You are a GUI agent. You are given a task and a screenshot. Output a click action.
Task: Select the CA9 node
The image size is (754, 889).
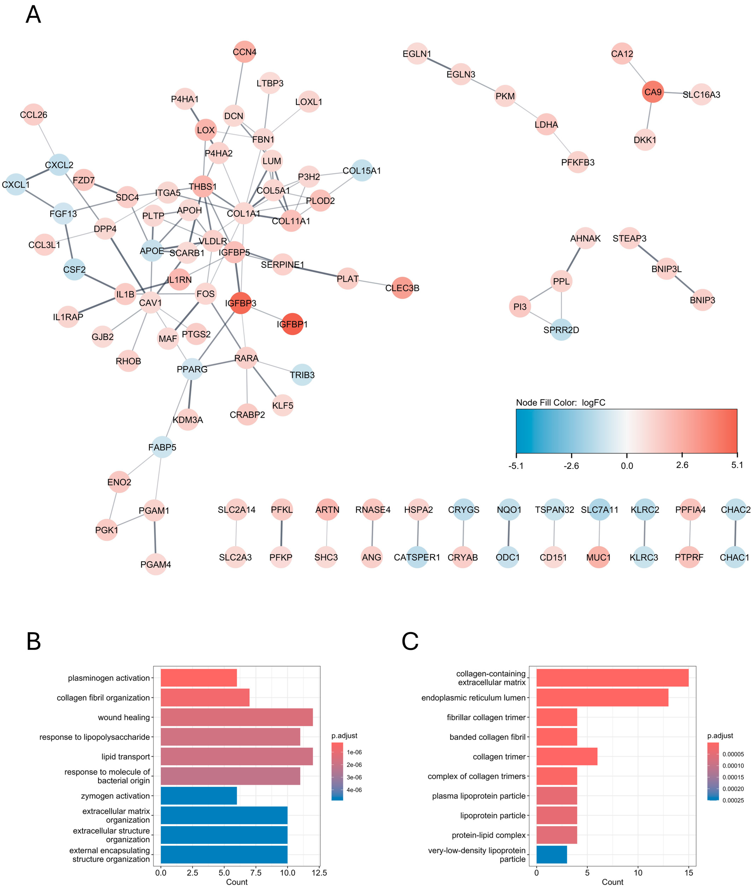pos(653,92)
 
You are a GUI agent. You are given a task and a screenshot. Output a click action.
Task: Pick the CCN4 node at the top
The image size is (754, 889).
pos(244,52)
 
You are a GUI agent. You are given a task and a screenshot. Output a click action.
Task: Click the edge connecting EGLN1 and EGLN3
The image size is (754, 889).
pos(439,64)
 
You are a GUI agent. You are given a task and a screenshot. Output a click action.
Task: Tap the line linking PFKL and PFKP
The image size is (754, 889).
pos(281,533)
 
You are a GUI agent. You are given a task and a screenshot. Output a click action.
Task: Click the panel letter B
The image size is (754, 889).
pos(34,642)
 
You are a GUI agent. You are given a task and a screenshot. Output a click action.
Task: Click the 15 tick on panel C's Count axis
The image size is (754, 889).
pos(689,873)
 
